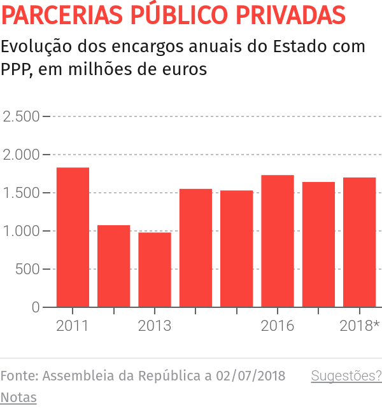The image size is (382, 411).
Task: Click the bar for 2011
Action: point(73,237)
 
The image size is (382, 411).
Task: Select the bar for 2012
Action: point(114,266)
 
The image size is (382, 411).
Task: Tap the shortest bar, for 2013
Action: point(155,270)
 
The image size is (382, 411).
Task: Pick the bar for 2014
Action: point(195,248)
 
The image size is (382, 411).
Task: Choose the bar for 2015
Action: point(237,249)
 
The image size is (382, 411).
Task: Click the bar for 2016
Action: point(278,241)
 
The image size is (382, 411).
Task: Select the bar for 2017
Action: point(318,244)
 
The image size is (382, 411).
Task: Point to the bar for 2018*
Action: point(360,242)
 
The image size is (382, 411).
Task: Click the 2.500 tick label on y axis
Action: point(21,116)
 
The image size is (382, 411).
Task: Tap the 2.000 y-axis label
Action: point(21,155)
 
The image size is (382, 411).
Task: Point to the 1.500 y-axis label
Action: point(21,193)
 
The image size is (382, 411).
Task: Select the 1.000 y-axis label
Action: point(21,231)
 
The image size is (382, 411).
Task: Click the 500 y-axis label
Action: point(27,269)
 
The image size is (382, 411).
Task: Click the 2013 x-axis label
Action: point(155,326)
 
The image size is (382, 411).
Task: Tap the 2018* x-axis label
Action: point(360,326)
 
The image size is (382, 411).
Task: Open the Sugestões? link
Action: point(346,376)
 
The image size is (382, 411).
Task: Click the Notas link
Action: point(18,398)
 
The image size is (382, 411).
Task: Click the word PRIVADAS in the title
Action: point(289,15)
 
